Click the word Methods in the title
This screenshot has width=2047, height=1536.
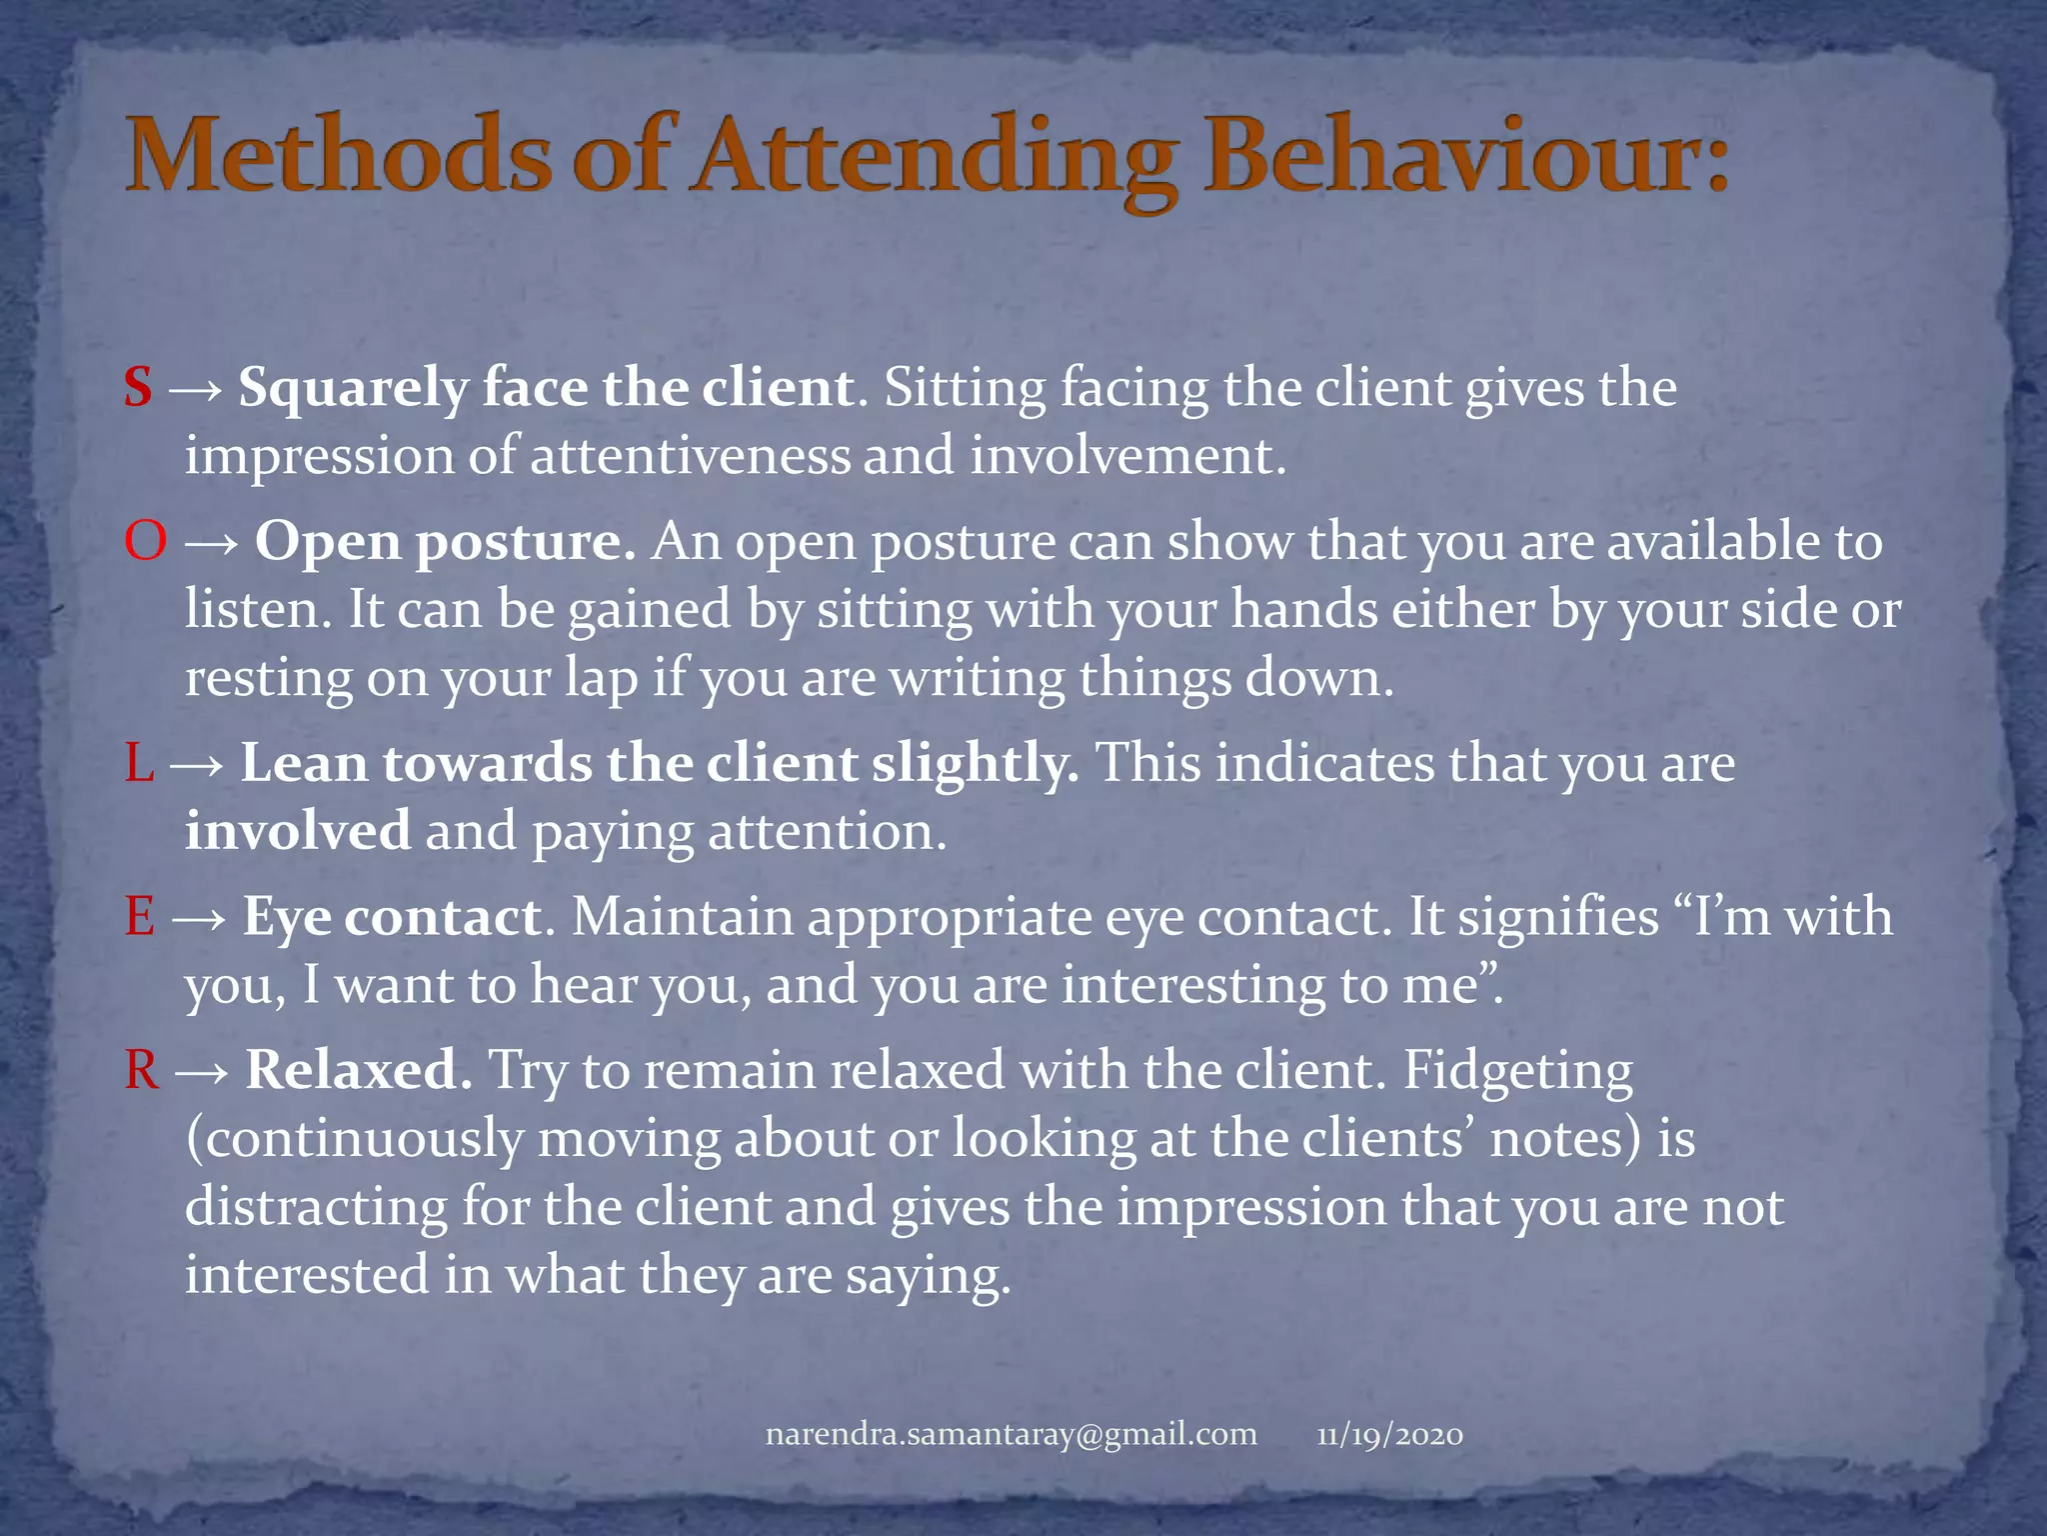(x=338, y=157)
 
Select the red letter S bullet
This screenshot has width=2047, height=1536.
(x=138, y=387)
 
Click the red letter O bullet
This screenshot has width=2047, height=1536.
(x=145, y=541)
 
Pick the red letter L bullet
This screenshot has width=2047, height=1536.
(x=139, y=763)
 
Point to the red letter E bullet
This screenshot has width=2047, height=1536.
(x=140, y=917)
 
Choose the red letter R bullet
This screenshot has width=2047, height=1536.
(x=142, y=1070)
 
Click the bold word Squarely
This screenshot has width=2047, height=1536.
(x=353, y=389)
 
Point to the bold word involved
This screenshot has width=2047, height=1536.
(x=297, y=831)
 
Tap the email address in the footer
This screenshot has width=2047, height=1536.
(x=1011, y=1434)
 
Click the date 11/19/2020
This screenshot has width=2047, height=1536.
(x=1389, y=1435)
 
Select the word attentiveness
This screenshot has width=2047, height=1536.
(x=690, y=456)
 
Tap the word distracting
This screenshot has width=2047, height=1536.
(x=316, y=1207)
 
